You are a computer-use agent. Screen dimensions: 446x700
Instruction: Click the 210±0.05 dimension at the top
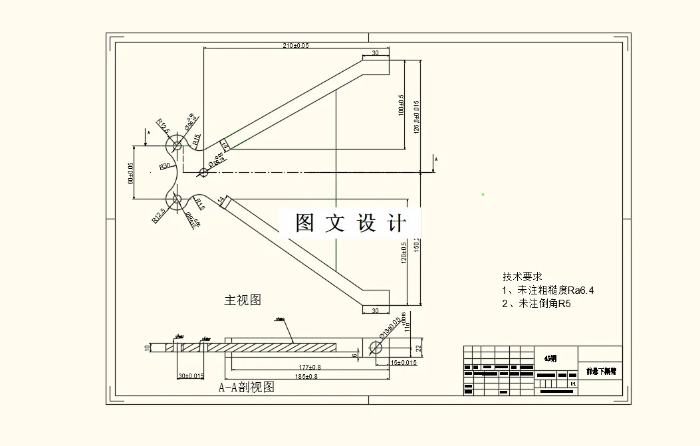tap(296, 46)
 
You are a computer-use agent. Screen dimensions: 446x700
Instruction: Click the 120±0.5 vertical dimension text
tap(403, 253)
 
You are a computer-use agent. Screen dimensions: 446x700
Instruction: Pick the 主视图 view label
tap(243, 300)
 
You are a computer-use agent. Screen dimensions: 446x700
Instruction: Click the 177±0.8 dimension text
tap(310, 367)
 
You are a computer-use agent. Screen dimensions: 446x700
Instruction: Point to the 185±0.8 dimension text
tap(306, 377)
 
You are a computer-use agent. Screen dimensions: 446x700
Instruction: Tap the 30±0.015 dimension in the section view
tap(191, 376)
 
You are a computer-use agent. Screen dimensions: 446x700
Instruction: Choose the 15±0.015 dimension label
tap(404, 363)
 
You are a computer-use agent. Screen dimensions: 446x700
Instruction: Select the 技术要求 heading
tap(523, 277)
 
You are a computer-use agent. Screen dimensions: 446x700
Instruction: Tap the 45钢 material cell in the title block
tap(550, 358)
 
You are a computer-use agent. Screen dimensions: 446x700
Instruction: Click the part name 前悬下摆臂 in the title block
tap(600, 372)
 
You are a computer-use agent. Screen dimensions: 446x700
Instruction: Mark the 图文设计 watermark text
tap(350, 223)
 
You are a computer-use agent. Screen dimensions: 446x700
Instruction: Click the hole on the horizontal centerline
tap(204, 173)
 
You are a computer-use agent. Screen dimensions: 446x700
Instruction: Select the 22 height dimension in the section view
tap(419, 347)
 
